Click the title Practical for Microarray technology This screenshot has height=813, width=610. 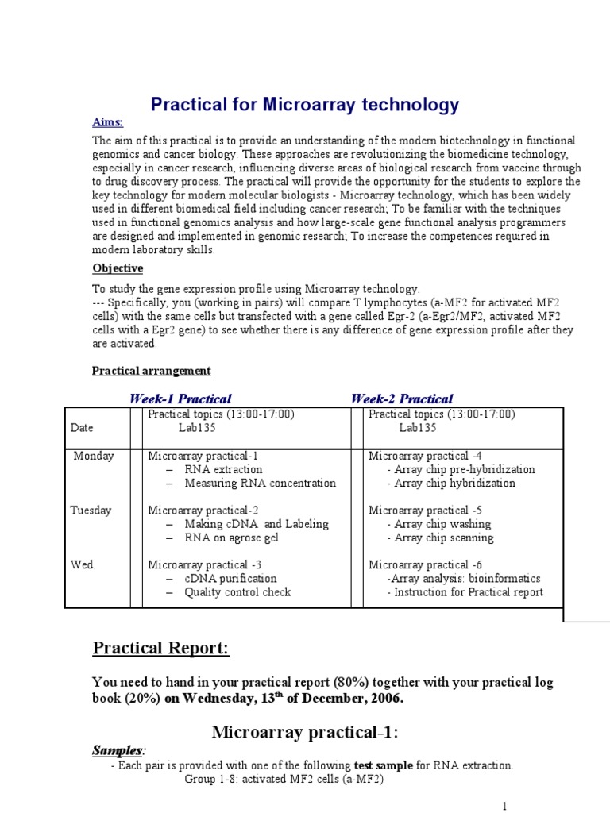[305, 105]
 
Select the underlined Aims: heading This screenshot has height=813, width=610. [108, 122]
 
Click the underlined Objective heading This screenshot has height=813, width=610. [118, 268]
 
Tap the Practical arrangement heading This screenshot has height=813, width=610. [152, 370]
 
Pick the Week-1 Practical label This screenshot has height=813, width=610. [180, 399]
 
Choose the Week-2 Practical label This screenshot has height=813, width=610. [402, 399]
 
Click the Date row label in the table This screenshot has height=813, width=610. [82, 427]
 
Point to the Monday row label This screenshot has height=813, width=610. [94, 456]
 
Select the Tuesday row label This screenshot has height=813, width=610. [91, 510]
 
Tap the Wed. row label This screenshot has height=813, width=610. [83, 564]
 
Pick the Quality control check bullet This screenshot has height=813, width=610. [237, 591]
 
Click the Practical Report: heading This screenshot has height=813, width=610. [161, 649]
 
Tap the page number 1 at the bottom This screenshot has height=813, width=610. [504, 807]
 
